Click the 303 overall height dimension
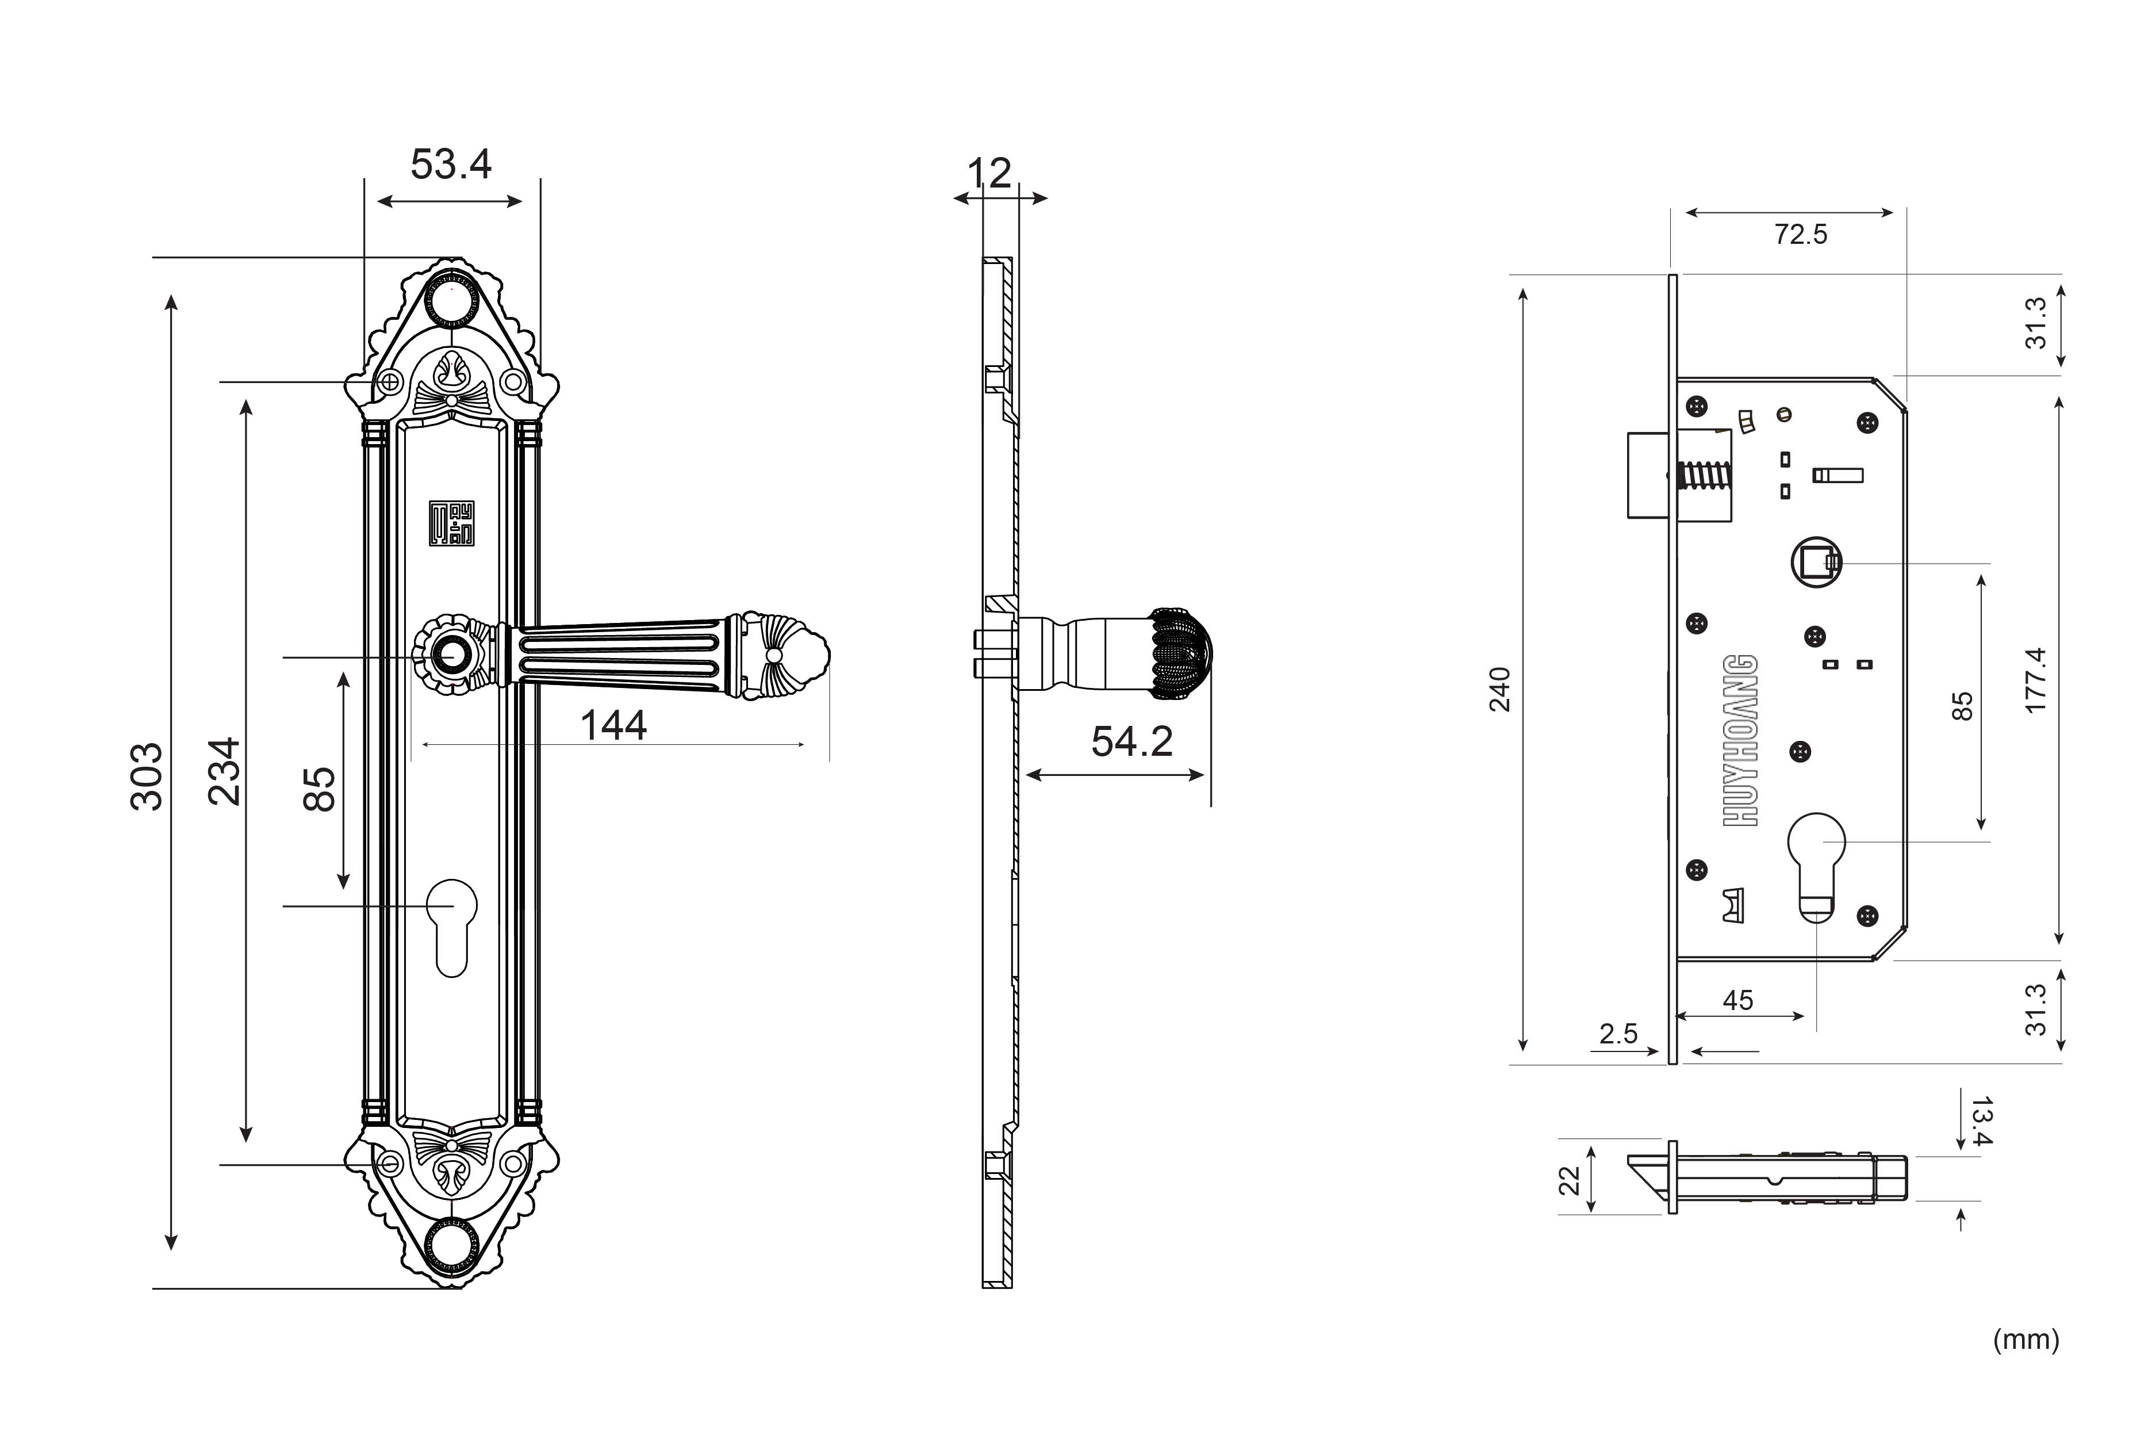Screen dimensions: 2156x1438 coord(147,776)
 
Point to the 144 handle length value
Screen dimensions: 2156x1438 coord(614,725)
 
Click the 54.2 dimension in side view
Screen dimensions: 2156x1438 coord(1132,742)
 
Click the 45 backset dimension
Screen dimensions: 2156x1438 coord(1738,1000)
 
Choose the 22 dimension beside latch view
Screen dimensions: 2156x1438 coord(1570,1180)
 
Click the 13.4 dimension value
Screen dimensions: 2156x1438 coord(1981,1120)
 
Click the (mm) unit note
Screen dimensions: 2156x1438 coord(2026,1340)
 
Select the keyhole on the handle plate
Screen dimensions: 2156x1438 coord(452,928)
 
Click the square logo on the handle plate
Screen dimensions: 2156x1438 coord(452,523)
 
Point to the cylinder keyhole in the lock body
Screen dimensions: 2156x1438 coord(1816,867)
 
